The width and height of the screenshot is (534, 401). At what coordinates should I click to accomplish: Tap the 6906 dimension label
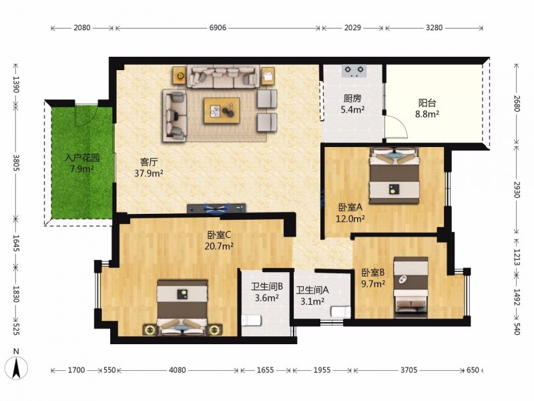tap(218, 27)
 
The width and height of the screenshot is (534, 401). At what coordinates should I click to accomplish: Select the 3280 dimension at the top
tap(435, 27)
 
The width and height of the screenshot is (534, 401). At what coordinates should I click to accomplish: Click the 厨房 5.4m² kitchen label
tap(352, 104)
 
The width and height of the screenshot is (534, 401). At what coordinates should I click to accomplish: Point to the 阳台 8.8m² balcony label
tap(427, 108)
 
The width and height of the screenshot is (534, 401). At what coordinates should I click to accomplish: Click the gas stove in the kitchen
tap(354, 70)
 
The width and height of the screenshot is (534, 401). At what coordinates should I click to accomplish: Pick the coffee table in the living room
tap(222, 110)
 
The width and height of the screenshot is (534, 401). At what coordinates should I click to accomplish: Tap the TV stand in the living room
tap(216, 208)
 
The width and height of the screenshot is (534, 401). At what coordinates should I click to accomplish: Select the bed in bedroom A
tap(394, 175)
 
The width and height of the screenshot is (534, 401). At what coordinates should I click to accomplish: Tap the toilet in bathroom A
tap(340, 311)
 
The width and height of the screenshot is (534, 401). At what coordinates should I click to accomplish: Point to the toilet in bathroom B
tap(252, 320)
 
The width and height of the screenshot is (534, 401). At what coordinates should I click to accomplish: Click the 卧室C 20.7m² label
tap(219, 241)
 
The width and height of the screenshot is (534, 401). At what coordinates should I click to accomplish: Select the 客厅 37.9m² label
tap(149, 168)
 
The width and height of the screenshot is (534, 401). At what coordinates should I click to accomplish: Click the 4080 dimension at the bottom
tap(177, 370)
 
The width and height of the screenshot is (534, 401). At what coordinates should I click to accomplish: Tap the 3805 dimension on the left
tap(16, 162)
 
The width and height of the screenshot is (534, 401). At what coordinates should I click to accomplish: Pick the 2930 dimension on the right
tap(517, 190)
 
